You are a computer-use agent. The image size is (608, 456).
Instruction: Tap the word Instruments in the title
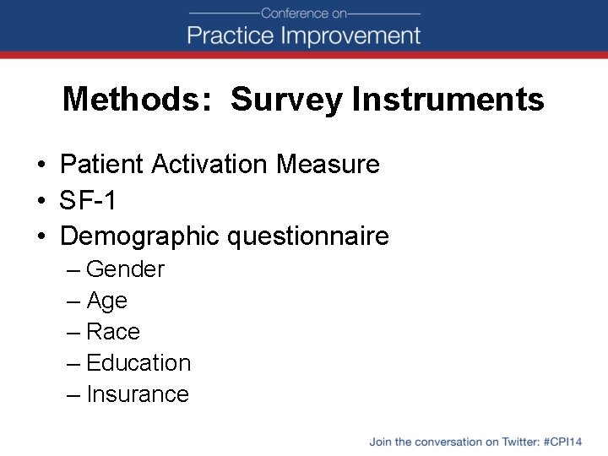pyautogui.click(x=448, y=100)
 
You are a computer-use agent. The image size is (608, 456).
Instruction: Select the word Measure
pyautogui.click(x=329, y=164)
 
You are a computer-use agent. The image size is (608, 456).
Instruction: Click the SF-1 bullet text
pyautogui.click(x=89, y=200)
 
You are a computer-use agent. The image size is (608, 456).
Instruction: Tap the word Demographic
pyautogui.click(x=140, y=236)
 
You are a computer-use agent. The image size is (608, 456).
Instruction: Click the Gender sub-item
pyautogui.click(x=125, y=269)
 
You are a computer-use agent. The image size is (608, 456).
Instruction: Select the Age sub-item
pyautogui.click(x=106, y=301)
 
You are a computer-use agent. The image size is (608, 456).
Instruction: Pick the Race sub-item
pyautogui.click(x=113, y=332)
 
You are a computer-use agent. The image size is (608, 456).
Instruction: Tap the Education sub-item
pyautogui.click(x=138, y=363)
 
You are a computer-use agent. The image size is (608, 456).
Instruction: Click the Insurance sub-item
pyautogui.click(x=138, y=394)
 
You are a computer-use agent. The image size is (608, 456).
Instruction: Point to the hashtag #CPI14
pyautogui.click(x=564, y=442)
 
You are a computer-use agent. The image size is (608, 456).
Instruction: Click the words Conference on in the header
pyautogui.click(x=304, y=13)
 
